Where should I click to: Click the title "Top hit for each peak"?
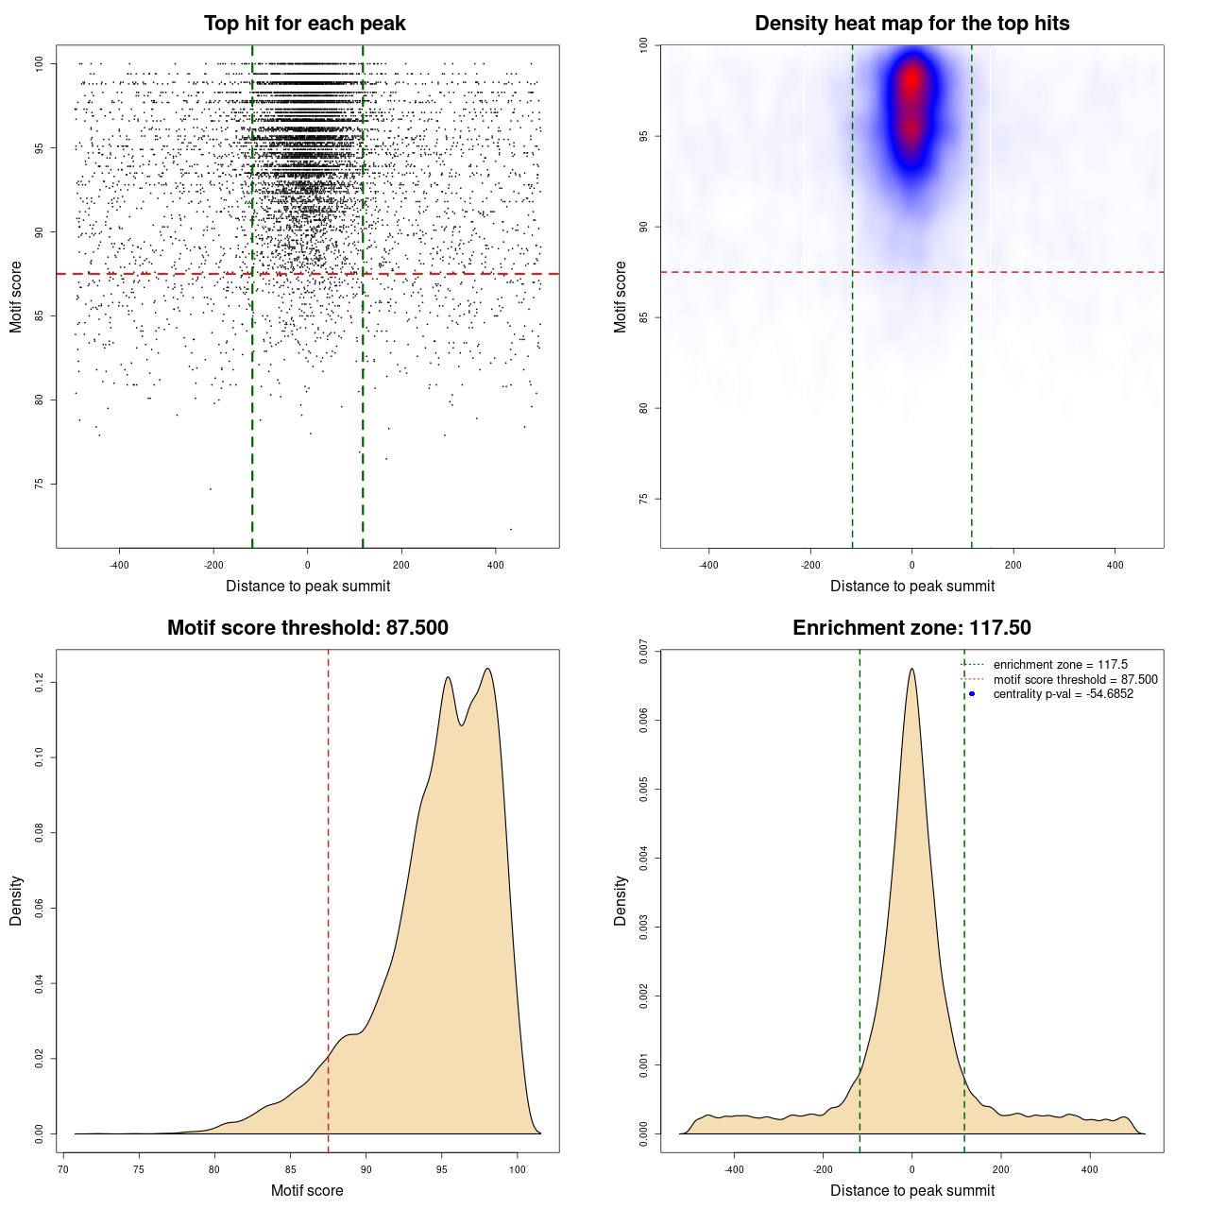304,24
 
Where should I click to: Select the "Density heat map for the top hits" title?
911,24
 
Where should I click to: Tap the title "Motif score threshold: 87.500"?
307,628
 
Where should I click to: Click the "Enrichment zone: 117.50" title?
911,628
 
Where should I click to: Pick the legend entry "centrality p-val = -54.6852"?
1063,694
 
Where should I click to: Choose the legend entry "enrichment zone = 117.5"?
1060,665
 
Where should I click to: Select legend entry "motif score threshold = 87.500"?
1075,680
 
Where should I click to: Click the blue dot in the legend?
972,694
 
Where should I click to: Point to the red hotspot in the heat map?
911,80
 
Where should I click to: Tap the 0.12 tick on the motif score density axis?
40,682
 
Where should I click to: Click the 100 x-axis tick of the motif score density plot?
517,1169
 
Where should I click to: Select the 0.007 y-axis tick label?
644,652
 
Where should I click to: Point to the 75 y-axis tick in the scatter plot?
40,484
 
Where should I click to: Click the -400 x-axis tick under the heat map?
708,565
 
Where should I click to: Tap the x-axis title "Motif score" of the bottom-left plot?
307,1190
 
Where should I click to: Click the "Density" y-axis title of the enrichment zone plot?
621,900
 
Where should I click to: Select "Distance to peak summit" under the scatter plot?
308,586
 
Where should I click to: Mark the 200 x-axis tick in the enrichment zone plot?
1000,1169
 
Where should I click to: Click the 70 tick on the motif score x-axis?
63,1169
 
